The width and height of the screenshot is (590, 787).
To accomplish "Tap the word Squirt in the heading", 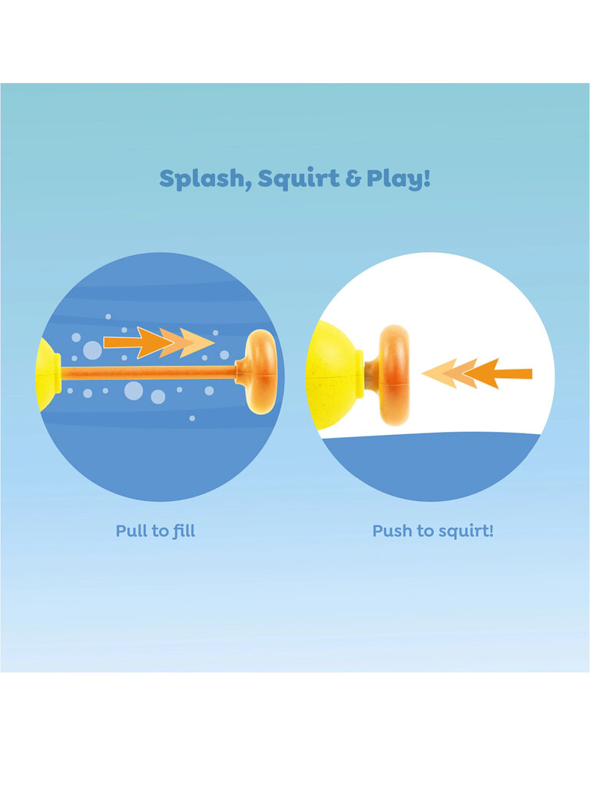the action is [299, 179].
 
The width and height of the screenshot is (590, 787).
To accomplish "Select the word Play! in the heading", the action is [399, 178].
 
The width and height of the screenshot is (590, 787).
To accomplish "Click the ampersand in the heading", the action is [353, 179].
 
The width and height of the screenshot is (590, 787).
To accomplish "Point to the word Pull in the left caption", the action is [131, 530].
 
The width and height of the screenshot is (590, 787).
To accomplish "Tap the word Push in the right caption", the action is [391, 530].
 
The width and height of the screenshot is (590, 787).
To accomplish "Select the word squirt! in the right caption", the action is [462, 532].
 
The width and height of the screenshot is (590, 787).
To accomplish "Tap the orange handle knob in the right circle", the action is [393, 375].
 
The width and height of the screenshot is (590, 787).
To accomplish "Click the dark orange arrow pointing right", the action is [138, 343].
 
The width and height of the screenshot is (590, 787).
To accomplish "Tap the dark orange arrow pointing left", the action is [498, 374].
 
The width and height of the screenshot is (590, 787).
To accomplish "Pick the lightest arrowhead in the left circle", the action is [198, 343].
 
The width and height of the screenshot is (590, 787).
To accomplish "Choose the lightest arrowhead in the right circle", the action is [439, 374].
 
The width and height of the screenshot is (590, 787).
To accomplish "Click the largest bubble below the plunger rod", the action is [134, 390].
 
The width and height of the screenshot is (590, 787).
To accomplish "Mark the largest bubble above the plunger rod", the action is [92, 350].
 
